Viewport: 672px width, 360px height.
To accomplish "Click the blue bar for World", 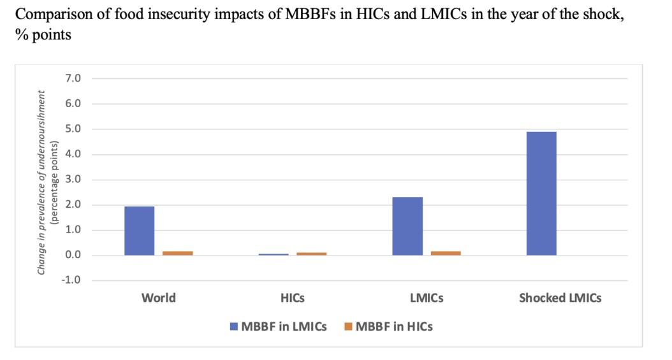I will click(x=139, y=231).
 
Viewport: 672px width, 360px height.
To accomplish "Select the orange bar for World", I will click(x=177, y=253).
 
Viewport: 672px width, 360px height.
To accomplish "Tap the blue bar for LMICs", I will click(x=407, y=226).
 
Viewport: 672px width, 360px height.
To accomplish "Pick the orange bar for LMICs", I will click(x=446, y=253).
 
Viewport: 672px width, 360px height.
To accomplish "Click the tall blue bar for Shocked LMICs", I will click(x=541, y=193).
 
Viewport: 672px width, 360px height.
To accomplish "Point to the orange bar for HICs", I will click(x=311, y=254).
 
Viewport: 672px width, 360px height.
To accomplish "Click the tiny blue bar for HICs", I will click(x=274, y=254).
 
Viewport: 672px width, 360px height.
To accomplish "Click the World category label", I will click(x=158, y=298).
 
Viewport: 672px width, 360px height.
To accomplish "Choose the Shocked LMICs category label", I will click(x=560, y=298).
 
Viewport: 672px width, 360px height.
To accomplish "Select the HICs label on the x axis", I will click(x=293, y=298).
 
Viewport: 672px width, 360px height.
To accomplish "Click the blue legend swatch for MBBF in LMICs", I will click(x=234, y=327).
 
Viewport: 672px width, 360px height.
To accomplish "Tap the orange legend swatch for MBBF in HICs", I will click(x=348, y=327).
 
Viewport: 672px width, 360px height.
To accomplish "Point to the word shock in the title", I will click(x=601, y=16).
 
